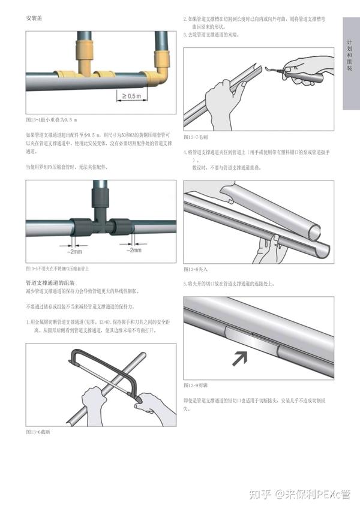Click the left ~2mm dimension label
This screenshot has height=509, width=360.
click(76, 252)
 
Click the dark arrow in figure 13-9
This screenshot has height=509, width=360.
click(240, 359)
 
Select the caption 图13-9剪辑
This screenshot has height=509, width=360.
click(196, 384)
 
